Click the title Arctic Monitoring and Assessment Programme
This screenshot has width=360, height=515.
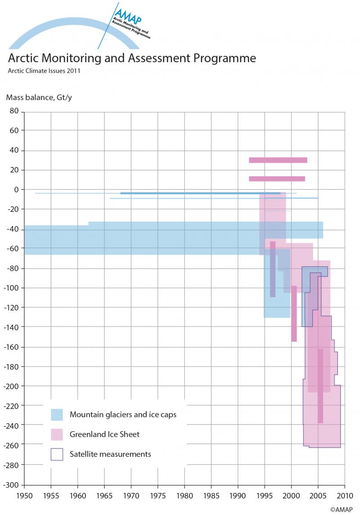tap(132, 58)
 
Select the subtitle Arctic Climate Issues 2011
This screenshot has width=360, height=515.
tap(44, 71)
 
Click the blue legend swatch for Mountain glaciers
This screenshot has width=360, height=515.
tap(57, 414)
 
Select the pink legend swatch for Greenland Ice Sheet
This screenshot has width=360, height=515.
tap(57, 434)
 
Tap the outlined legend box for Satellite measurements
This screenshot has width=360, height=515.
tap(57, 454)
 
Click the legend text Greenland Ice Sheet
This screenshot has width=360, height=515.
tap(104, 434)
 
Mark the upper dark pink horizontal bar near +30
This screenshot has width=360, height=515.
tap(278, 160)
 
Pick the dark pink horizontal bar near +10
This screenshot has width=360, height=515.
tap(277, 179)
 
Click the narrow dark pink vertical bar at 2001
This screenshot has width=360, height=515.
tap(294, 313)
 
